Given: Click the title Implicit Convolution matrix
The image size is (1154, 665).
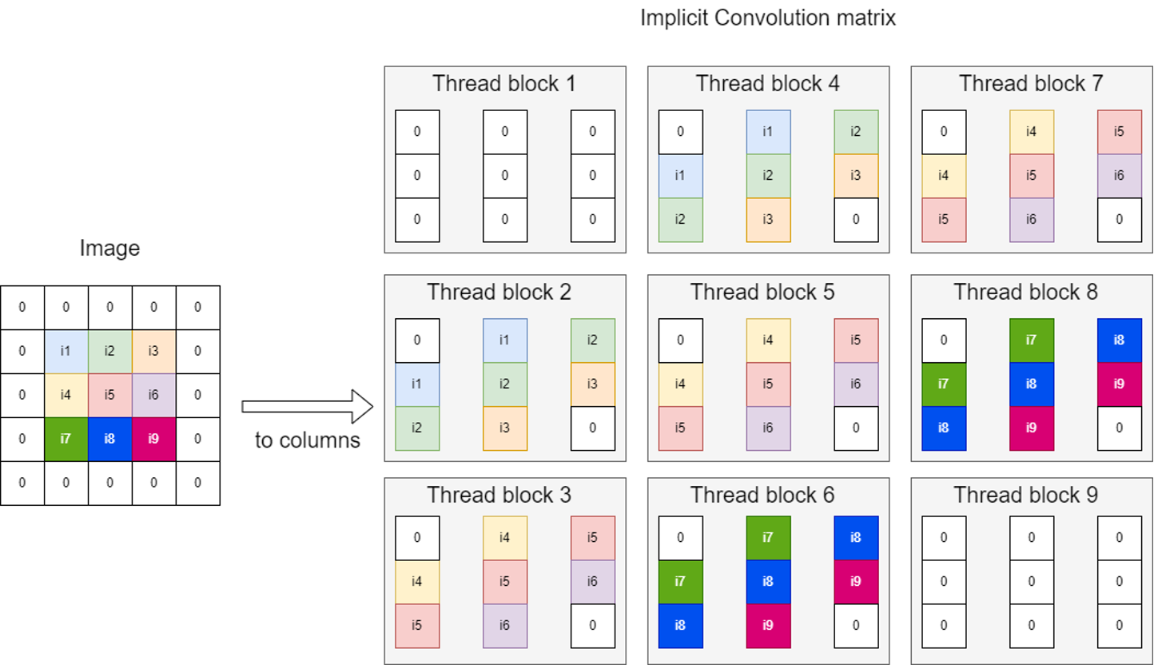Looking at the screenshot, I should click(767, 18).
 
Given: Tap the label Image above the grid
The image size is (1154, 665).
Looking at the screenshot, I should click(109, 249).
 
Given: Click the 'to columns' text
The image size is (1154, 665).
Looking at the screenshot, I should click(308, 440).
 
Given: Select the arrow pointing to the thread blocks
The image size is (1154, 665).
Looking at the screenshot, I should click(308, 407).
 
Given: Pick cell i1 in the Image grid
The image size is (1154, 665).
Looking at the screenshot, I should click(66, 351).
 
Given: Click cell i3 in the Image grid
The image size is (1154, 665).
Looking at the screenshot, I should click(154, 351).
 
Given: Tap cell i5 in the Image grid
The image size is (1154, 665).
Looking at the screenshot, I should click(110, 395).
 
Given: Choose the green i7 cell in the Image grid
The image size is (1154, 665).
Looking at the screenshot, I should click(66, 439).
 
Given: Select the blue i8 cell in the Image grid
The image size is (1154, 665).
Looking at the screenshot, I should click(110, 439).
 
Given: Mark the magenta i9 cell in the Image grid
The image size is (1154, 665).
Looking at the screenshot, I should click(154, 439).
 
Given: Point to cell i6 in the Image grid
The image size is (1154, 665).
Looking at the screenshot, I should click(154, 395).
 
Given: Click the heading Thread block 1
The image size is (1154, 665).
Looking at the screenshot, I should click(504, 84).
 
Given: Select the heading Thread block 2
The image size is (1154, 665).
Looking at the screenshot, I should click(499, 293).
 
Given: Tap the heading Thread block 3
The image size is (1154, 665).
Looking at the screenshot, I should click(499, 495).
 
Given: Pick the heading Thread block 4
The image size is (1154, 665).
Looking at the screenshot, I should click(767, 84).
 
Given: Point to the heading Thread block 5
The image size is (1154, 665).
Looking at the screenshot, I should click(762, 293).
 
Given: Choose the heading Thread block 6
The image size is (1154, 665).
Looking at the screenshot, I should click(762, 495).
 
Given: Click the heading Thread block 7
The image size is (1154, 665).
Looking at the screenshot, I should click(1031, 84).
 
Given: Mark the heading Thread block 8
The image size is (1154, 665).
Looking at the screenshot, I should click(1025, 293).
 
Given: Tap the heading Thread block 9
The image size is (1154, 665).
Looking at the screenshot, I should click(1025, 495).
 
